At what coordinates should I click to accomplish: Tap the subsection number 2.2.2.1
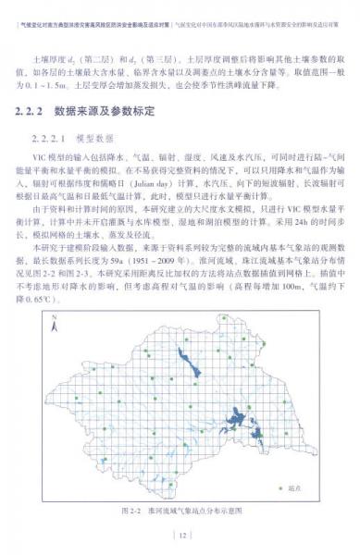[54, 137]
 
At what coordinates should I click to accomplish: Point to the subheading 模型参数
[105, 137]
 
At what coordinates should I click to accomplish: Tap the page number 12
[181, 535]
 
